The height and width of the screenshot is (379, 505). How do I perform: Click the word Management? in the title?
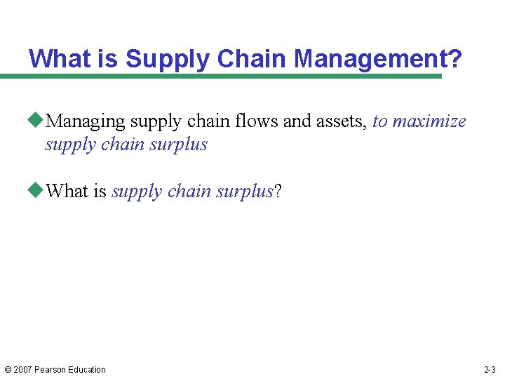pyautogui.click(x=378, y=59)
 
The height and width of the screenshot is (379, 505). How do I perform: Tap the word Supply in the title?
pyautogui.click(x=168, y=59)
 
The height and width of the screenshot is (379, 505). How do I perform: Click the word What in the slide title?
pyautogui.click(x=60, y=59)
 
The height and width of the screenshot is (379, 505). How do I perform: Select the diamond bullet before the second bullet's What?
pyautogui.click(x=36, y=191)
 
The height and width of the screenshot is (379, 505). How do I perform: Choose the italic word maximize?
pyautogui.click(x=429, y=121)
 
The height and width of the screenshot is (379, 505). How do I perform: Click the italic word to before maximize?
pyautogui.click(x=380, y=121)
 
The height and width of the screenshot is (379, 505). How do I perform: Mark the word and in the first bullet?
pyautogui.click(x=297, y=121)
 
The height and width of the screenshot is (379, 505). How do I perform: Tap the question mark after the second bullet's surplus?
pyautogui.click(x=278, y=191)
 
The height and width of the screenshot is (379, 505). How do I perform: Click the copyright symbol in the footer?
pyautogui.click(x=8, y=370)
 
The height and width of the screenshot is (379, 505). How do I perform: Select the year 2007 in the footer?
pyautogui.click(x=23, y=370)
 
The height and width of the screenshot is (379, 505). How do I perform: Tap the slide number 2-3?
pyautogui.click(x=490, y=370)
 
